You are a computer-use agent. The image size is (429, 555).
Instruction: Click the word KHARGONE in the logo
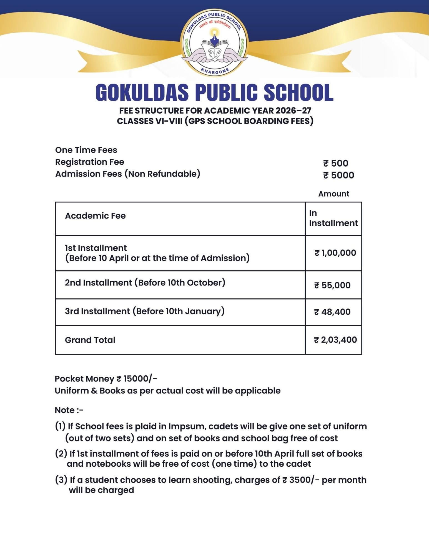215,71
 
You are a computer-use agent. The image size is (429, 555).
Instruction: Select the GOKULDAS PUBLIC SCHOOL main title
214,92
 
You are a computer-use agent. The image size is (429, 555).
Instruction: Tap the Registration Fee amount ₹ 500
336,163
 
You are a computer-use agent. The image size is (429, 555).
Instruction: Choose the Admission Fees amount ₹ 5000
338,175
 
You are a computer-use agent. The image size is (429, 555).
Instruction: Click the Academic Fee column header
95,216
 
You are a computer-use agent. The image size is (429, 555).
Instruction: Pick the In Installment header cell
333,218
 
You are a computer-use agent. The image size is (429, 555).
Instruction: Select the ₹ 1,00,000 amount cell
335,253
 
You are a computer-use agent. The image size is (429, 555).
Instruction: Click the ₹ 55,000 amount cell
332,285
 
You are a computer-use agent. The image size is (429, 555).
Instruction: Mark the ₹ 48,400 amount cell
332,312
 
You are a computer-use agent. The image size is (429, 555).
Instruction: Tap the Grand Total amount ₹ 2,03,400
335,340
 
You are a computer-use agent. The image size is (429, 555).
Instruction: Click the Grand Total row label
90,340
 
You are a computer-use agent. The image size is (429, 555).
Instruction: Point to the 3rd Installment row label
145,311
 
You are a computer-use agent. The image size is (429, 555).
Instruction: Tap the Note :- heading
69,410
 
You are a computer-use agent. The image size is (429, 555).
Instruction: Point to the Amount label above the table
333,194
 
